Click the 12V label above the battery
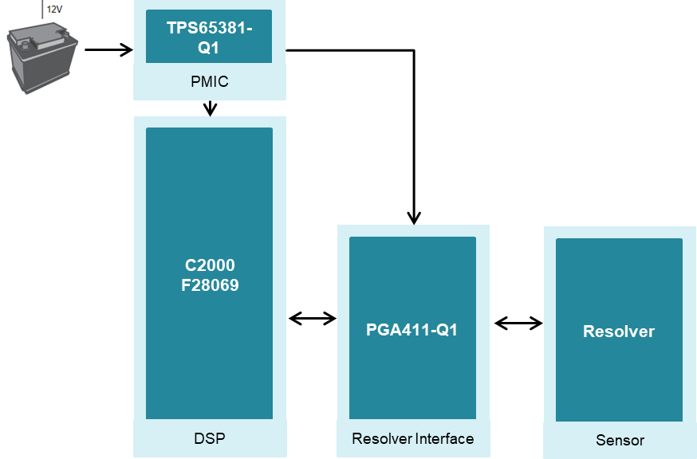coord(55,10)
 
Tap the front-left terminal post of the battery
coord(24,46)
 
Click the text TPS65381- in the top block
coord(209,29)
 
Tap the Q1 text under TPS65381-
coord(209,47)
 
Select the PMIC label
coord(210,81)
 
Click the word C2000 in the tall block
coord(209,265)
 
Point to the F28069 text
coord(210,284)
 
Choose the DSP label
coord(209,437)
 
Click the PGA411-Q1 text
coord(412,330)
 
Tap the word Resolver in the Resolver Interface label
coord(380,439)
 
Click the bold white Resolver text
coord(619,331)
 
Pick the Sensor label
coord(620,440)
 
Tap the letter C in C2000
coord(188,265)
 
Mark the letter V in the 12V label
coord(60,10)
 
